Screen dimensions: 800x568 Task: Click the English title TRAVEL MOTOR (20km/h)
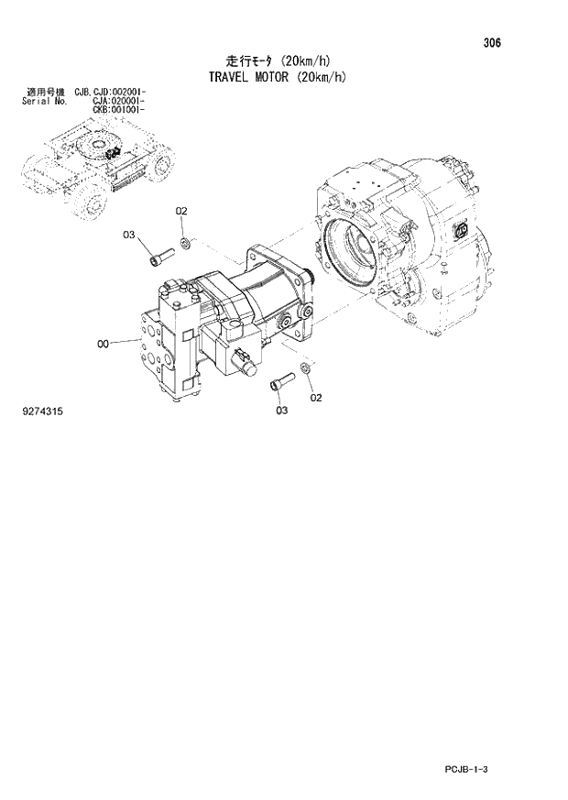[271, 78]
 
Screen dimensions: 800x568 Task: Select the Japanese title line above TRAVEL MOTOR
[271, 61]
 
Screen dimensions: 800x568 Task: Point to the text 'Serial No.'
[42, 101]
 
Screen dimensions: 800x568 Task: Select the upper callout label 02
[181, 212]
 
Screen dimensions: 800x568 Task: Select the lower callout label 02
[316, 398]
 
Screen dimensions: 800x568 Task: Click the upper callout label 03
[129, 236]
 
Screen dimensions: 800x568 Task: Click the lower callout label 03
[281, 410]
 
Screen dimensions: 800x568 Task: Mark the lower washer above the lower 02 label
[305, 368]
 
